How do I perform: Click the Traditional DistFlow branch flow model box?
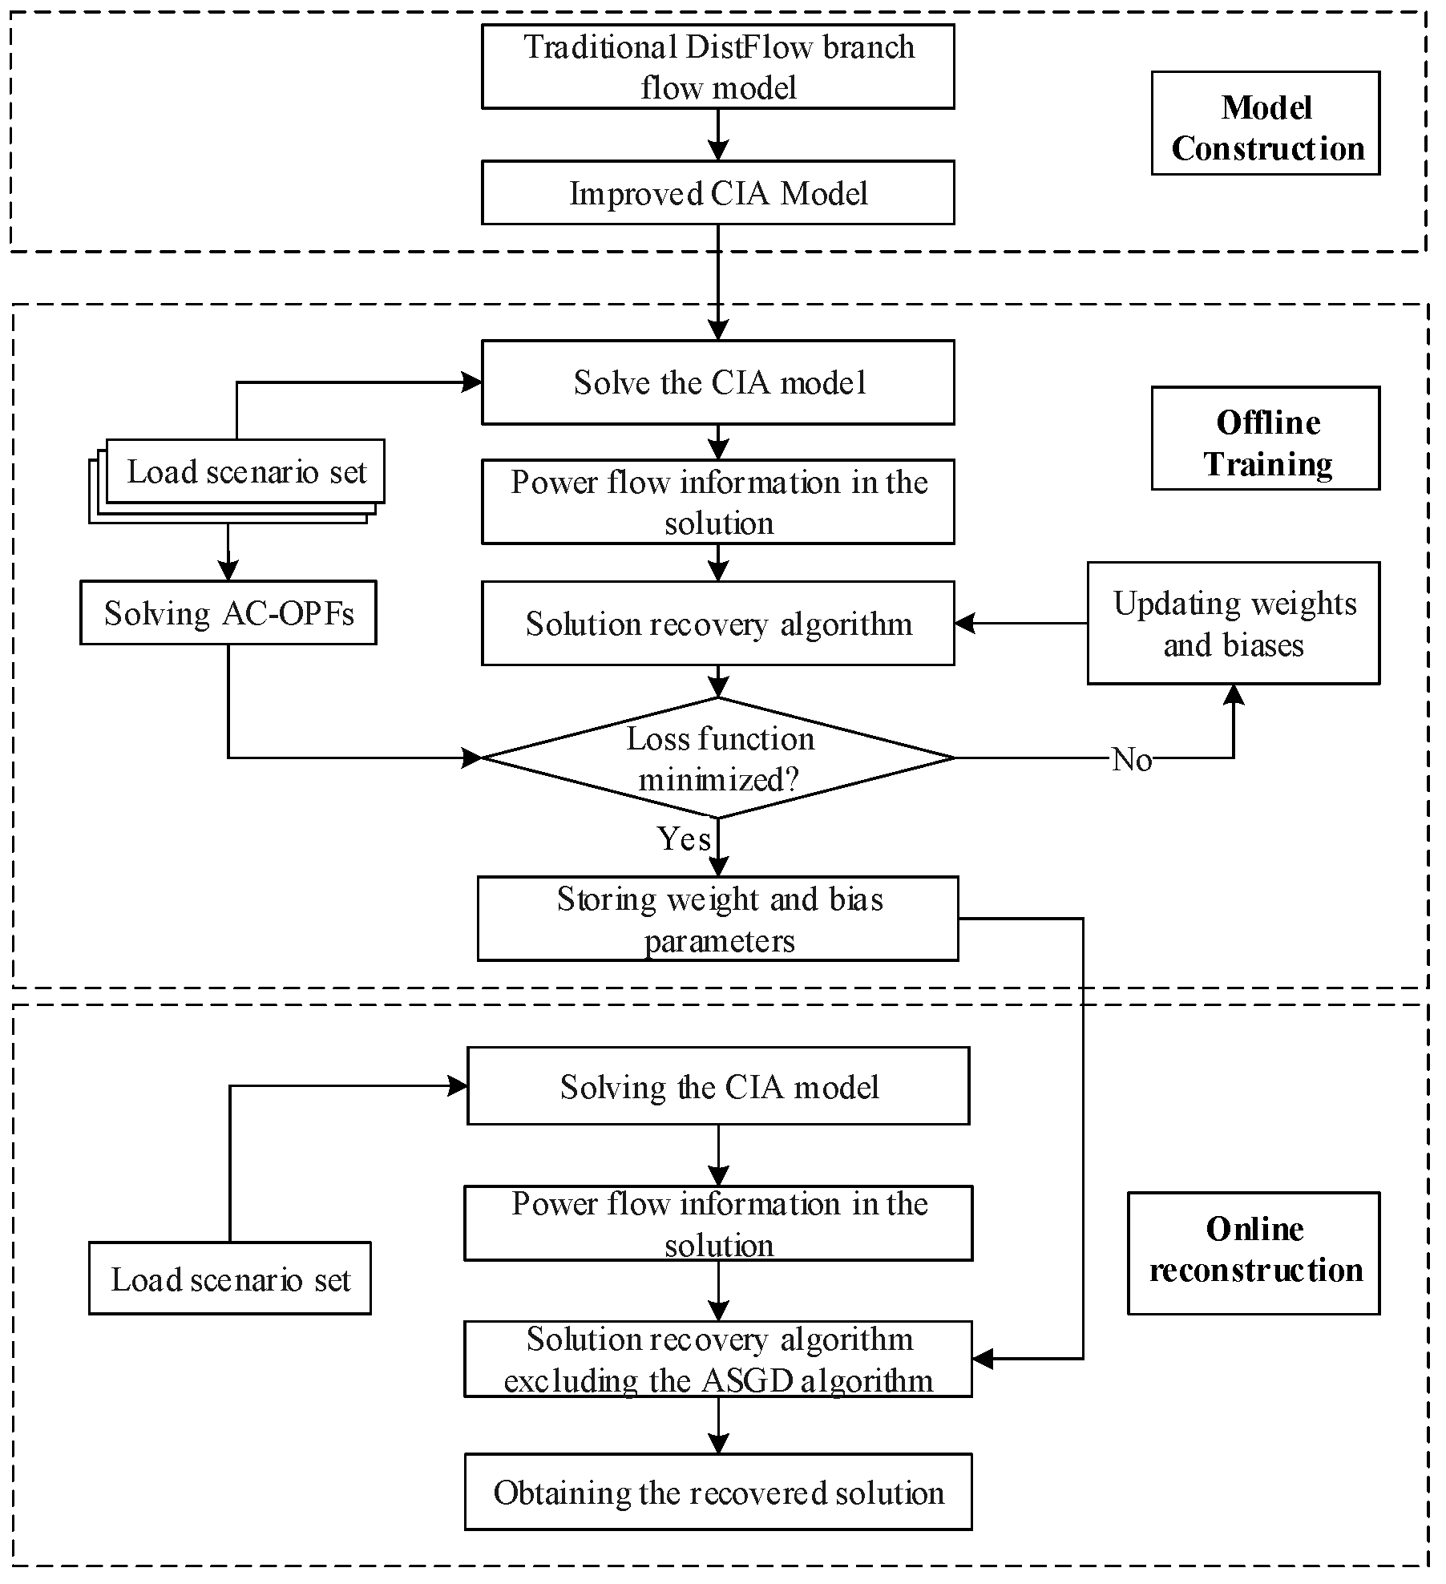tap(717, 67)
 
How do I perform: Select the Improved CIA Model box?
tap(717, 192)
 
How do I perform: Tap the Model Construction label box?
tap(1266, 123)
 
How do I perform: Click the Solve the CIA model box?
tap(717, 382)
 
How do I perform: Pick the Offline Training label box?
tap(1266, 438)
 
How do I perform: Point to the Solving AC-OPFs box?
tap(228, 612)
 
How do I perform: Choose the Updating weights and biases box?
tap(1234, 623)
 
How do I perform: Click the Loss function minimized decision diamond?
tap(717, 758)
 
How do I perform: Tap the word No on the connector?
tap(1132, 759)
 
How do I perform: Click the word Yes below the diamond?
tap(684, 838)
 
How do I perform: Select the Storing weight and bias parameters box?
tap(717, 919)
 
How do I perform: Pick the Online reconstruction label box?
tap(1254, 1253)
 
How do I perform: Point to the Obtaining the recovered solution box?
tap(718, 1492)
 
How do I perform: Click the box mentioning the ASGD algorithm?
tap(718, 1360)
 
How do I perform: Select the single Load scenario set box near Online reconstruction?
tap(230, 1279)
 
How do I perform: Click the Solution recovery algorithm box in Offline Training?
tap(717, 623)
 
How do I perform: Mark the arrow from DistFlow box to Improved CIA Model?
tap(718, 135)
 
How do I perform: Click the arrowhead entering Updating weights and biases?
tap(1234, 693)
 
